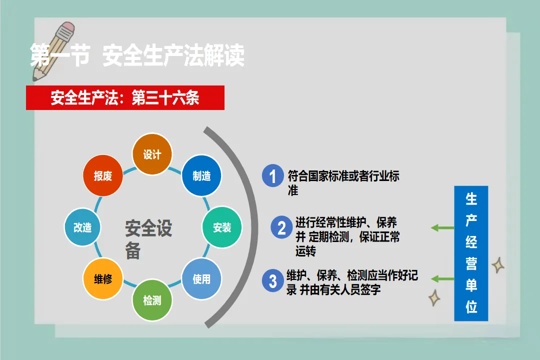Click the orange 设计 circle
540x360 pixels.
click(152, 154)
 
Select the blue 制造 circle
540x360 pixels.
click(201, 176)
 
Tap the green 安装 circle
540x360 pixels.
click(222, 227)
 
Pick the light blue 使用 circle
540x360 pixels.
click(201, 279)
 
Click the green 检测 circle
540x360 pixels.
click(152, 300)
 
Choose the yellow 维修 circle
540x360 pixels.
click(102, 279)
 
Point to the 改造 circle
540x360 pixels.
click(82, 227)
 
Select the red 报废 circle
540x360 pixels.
click(102, 176)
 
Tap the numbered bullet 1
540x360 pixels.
click(272, 176)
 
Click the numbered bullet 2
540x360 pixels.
click(281, 228)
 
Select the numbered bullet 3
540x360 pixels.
click(272, 281)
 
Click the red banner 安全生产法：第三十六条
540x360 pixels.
click(125, 98)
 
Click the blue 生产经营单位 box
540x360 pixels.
click(470, 253)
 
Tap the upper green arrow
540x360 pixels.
click(442, 228)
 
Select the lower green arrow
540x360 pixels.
click(442, 278)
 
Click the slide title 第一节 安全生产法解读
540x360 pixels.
click(137, 55)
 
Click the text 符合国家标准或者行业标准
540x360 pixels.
click(343, 182)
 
